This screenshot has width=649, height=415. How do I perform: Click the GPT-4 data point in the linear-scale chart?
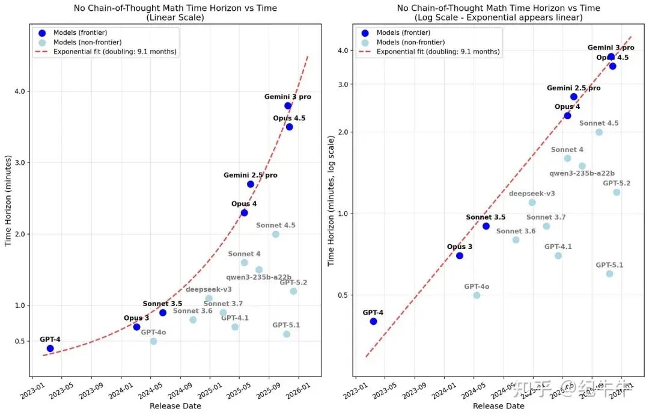(x=50, y=348)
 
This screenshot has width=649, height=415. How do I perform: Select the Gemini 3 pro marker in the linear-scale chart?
(x=288, y=106)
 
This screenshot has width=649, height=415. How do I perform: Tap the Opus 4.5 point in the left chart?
(x=289, y=127)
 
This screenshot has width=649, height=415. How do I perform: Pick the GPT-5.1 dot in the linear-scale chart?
(x=287, y=334)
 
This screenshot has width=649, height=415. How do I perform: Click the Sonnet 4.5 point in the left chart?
(x=275, y=234)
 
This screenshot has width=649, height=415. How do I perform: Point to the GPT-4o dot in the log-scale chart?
(x=477, y=295)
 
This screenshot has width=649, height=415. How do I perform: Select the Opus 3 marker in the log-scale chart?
(x=460, y=256)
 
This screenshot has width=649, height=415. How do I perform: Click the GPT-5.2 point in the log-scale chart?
(x=617, y=192)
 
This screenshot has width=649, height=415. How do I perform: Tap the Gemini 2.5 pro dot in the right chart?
(x=574, y=97)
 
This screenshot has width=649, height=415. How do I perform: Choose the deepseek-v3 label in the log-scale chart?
(x=532, y=194)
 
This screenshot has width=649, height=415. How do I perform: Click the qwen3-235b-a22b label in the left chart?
(x=259, y=277)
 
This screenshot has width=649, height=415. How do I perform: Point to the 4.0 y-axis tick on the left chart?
(x=25, y=91)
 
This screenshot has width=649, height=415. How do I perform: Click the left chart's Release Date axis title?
(x=175, y=406)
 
